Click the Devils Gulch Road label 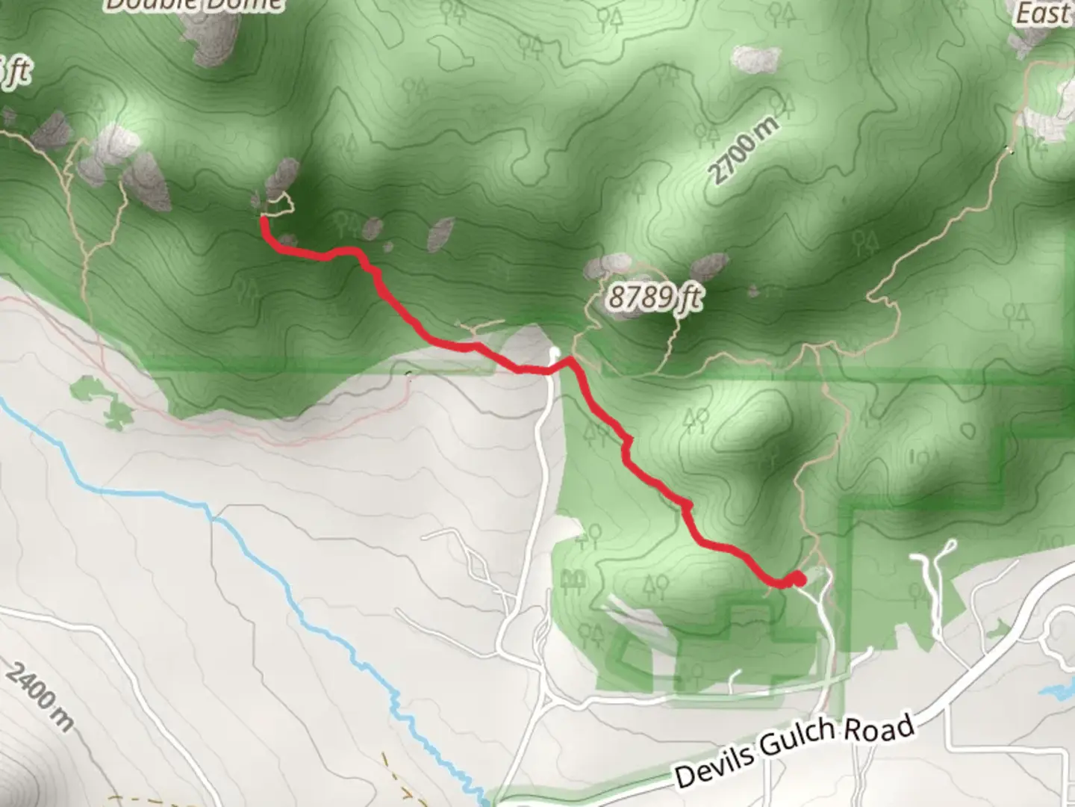(794, 752)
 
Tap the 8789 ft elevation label (654, 298)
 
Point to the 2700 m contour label (744, 149)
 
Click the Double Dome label (194, 4)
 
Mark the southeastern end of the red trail (797, 578)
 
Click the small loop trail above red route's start (278, 203)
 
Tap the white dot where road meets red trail (554, 351)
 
